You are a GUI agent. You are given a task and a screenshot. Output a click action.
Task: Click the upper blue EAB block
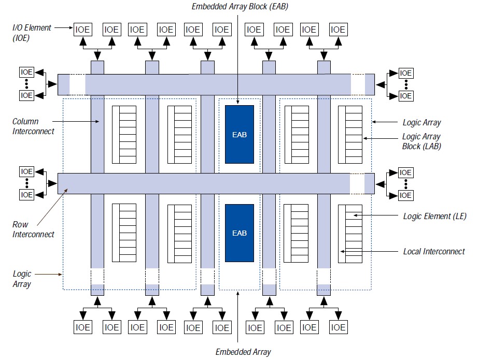pyautogui.click(x=239, y=135)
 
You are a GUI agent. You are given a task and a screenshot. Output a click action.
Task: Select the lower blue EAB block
pyautogui.click(x=239, y=233)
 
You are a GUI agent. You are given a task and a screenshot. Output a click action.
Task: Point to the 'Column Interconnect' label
pyautogui.click(x=33, y=126)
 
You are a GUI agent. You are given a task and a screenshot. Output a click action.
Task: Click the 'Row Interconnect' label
pyautogui.click(x=33, y=229)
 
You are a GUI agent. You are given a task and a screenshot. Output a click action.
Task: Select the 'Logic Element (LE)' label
pyautogui.click(x=434, y=216)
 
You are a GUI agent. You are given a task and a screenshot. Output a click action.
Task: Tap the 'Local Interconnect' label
pyautogui.click(x=434, y=252)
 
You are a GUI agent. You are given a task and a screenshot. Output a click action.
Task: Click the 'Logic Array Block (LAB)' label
pyautogui.click(x=421, y=141)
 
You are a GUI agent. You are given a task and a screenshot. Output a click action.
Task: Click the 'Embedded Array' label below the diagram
pyautogui.click(x=243, y=352)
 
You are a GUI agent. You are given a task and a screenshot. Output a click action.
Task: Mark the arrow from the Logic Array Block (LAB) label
pyautogui.click(x=381, y=138)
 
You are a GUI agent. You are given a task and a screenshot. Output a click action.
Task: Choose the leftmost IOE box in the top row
pyautogui.click(x=82, y=30)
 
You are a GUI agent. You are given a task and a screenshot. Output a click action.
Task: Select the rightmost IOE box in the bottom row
pyautogui.click(x=338, y=327)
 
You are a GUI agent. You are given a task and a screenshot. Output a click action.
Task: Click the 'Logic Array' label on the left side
pyautogui.click(x=22, y=279)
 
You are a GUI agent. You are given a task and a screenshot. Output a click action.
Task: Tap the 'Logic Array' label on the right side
pyautogui.click(x=421, y=123)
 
